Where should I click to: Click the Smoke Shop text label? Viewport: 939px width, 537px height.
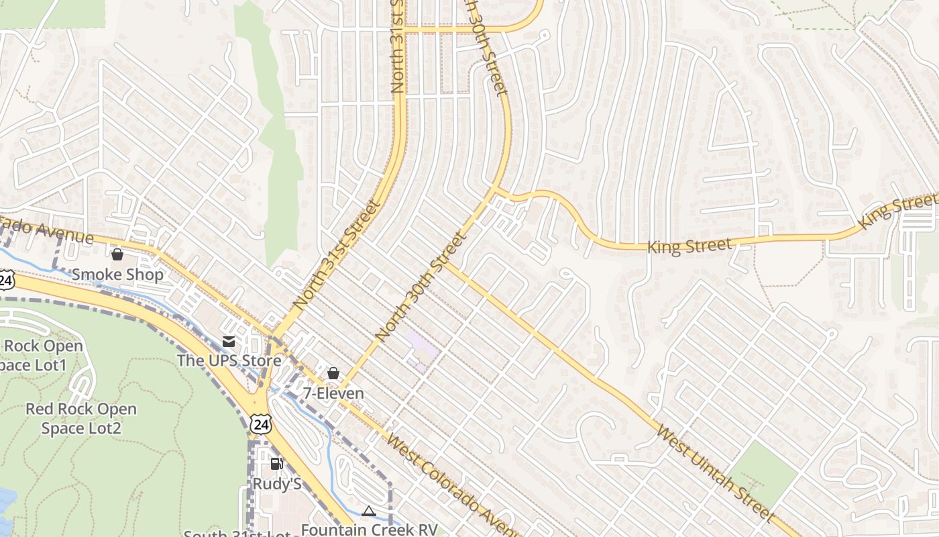point(117,275)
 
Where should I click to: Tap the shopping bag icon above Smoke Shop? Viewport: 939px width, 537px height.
point(117,254)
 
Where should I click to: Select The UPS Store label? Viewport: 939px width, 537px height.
point(229,360)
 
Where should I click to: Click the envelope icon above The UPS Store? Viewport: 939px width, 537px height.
point(229,341)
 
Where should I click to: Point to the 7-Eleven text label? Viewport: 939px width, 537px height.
point(333,393)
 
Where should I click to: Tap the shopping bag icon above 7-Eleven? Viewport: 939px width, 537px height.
point(333,373)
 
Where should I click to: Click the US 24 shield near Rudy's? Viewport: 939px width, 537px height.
point(260,423)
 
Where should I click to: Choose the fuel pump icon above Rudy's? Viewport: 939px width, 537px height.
point(276,464)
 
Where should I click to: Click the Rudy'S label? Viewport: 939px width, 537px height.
point(276,483)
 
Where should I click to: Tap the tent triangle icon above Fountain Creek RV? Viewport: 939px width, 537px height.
point(368,511)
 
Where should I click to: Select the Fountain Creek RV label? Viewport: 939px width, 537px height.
point(369,530)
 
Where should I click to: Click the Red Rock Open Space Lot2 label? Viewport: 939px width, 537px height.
point(80,418)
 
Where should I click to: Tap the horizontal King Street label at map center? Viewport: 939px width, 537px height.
point(689,246)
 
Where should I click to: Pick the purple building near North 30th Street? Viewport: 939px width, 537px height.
point(421,349)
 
